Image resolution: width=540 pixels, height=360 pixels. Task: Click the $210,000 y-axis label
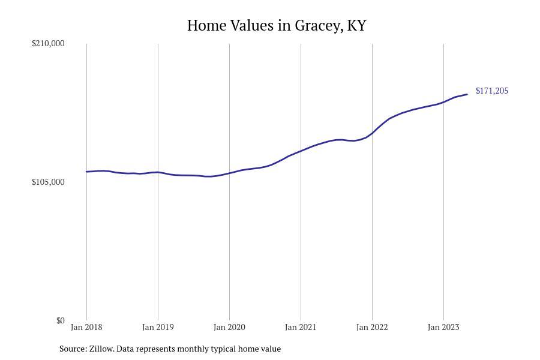(48, 43)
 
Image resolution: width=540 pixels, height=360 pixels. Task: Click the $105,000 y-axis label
(48, 182)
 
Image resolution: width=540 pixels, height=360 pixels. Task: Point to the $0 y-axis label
(60, 320)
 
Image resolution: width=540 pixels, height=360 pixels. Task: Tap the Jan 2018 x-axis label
(86, 327)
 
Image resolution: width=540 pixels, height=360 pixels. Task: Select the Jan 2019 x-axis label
(158, 327)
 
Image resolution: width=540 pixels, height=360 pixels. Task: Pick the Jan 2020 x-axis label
(229, 327)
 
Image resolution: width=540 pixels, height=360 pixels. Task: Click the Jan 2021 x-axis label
(301, 327)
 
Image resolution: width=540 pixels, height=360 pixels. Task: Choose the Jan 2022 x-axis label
(372, 327)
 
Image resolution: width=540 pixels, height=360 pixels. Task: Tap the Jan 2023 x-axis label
(443, 327)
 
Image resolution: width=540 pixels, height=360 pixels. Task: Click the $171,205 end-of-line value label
(491, 91)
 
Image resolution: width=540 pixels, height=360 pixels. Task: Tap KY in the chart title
(356, 25)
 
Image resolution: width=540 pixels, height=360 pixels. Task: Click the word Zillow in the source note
(101, 349)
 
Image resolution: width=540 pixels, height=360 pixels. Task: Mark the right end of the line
(467, 94)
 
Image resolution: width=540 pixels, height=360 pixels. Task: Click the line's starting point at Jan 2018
(86, 172)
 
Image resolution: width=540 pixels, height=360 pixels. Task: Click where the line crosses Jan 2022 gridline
(372, 133)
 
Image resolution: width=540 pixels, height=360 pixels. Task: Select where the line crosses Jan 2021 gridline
(301, 151)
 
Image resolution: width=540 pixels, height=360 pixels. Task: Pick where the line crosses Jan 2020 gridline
(229, 173)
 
